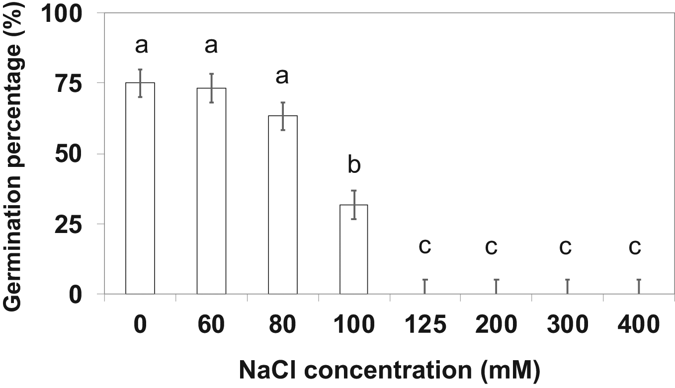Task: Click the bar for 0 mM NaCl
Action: click(x=140, y=188)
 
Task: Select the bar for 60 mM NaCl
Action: click(x=211, y=191)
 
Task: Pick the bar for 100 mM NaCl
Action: click(x=354, y=249)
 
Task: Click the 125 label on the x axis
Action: click(x=425, y=325)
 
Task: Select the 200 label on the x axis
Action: click(x=497, y=325)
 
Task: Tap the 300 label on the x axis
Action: click(x=567, y=325)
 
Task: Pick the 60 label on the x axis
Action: click(x=211, y=325)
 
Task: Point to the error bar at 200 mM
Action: click(x=497, y=286)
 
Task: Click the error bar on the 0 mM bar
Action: click(x=140, y=83)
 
